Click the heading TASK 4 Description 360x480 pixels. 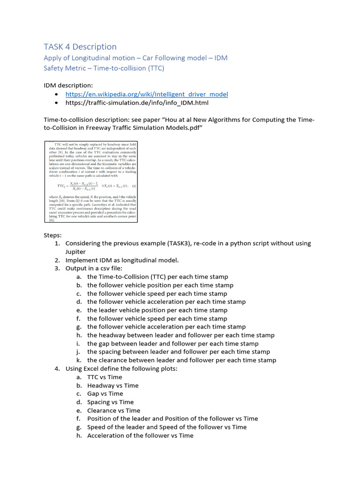click(x=80, y=46)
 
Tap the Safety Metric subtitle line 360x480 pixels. click(x=104, y=68)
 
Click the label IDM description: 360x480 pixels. click(x=68, y=85)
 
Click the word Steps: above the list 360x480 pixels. click(x=52, y=235)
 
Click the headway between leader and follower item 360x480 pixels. click(x=180, y=335)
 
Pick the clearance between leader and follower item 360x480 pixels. click(x=181, y=360)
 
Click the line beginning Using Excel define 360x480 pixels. click(x=121, y=368)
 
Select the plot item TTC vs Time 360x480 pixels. click(x=105, y=377)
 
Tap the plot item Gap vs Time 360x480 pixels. click(x=105, y=394)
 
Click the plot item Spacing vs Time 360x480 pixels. click(x=110, y=402)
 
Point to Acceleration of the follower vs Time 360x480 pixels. click(x=140, y=435)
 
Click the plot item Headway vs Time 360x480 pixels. click(x=112, y=385)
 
